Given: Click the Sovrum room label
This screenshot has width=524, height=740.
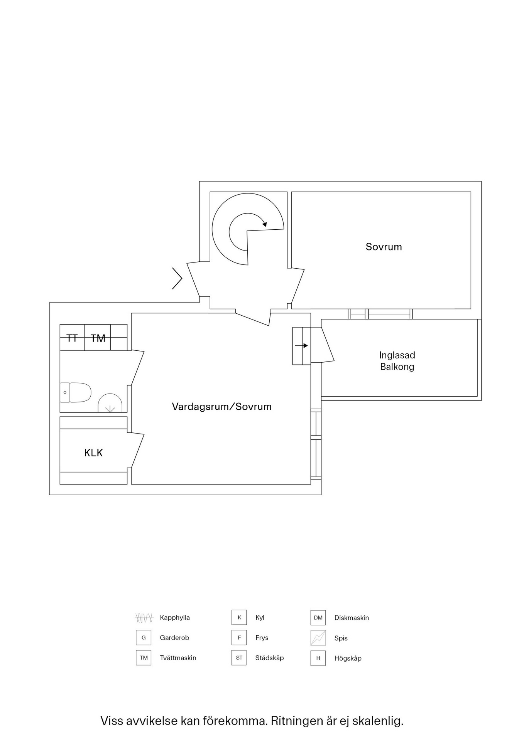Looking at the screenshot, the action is tap(384, 247).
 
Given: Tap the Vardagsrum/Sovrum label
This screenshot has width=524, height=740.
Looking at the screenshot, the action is tap(221, 407).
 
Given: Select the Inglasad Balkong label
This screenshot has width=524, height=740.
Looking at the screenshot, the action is tap(397, 361).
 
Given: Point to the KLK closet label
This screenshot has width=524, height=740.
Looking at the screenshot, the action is tap(93, 452).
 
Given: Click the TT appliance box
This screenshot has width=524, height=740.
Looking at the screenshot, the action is tap(72, 338).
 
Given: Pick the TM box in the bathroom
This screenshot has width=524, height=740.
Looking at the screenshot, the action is tap(98, 338).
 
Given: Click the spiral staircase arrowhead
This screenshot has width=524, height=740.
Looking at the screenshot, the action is tap(264, 223).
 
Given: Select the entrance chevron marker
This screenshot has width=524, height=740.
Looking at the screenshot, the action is tap(177, 278).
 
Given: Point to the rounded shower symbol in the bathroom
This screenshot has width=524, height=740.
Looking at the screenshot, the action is tap(110, 404).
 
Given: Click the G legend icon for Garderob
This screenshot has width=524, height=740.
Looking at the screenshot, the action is tap(144, 637).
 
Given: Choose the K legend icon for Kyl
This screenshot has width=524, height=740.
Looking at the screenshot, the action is tap(239, 617).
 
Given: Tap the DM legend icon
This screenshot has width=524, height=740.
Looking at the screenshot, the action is tap(318, 617).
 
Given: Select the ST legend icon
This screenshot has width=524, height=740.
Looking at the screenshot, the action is tap(239, 658).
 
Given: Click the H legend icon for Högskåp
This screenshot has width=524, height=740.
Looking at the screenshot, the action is tap(318, 658).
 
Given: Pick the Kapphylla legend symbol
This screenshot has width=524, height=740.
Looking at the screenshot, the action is tap(144, 618).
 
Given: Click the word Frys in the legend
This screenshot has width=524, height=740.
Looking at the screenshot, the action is tap(262, 638).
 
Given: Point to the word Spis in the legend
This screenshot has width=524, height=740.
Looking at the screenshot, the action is tap(341, 638).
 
